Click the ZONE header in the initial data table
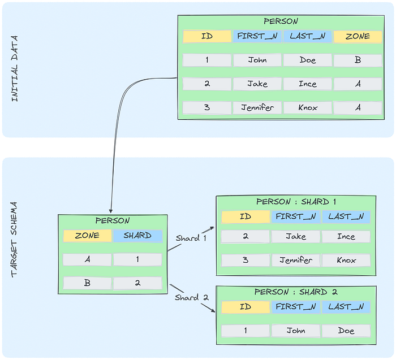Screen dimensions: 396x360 358,36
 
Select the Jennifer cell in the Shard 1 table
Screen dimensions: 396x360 296,260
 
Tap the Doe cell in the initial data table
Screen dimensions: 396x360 308,60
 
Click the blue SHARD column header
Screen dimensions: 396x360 137,236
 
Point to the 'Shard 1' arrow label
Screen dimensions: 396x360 191,238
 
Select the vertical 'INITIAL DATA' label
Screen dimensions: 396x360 15,68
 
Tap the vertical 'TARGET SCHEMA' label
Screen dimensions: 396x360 14,240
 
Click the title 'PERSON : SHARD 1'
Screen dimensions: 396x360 296,202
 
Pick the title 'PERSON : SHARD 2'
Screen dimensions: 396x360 296,292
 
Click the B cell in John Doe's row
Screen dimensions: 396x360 358,60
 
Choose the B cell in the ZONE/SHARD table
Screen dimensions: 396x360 87,283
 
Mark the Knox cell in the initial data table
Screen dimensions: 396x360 308,108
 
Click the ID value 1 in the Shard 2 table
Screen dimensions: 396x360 246,331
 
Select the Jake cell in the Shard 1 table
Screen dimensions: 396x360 296,236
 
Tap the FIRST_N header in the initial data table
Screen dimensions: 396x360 257,36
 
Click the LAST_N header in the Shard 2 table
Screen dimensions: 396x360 346,307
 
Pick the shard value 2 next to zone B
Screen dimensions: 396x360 137,283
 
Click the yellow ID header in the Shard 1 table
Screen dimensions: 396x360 246,216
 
